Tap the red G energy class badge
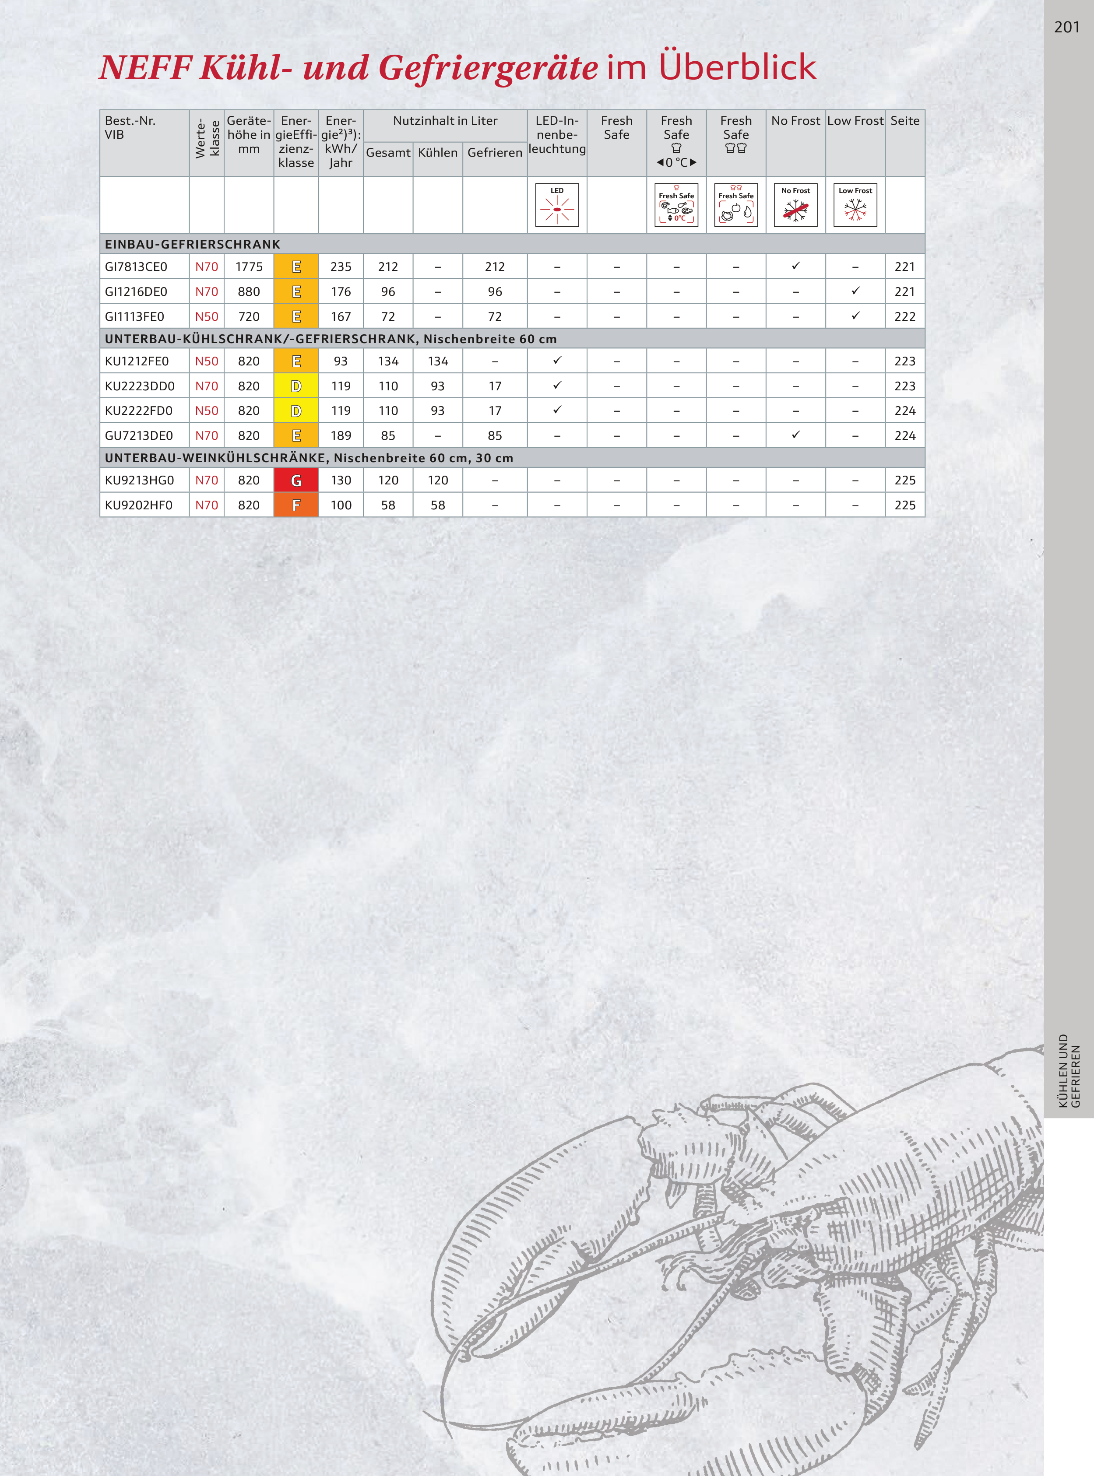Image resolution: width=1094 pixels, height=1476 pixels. (x=296, y=480)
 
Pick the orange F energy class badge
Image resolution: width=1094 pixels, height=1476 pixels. (x=296, y=505)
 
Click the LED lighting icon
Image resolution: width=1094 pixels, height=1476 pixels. (x=557, y=205)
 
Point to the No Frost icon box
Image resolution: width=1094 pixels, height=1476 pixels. (x=795, y=205)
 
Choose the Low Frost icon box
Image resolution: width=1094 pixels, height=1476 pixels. (x=855, y=205)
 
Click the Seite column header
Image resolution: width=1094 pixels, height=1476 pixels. (x=904, y=120)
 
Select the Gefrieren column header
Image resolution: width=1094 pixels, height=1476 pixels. (x=495, y=152)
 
